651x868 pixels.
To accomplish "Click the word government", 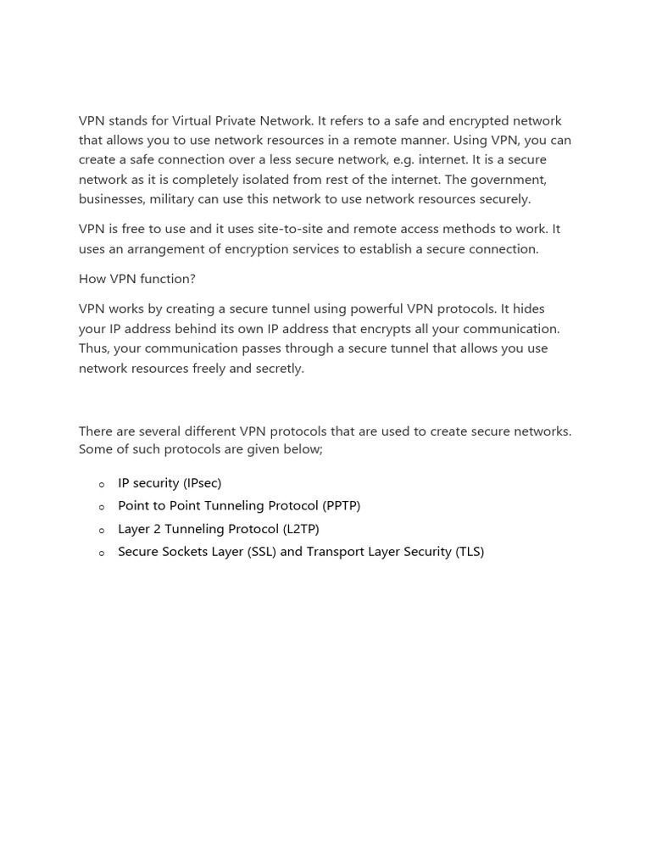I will (506, 179).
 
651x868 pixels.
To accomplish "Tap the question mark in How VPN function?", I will (192, 278).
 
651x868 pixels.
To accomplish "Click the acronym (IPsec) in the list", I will (202, 482).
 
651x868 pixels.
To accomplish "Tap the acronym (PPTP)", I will (341, 505).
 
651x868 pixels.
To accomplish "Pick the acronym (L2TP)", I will (301, 528).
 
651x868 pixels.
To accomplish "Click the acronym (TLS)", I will (470, 551).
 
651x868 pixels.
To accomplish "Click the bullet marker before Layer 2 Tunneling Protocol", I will (102, 530).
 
